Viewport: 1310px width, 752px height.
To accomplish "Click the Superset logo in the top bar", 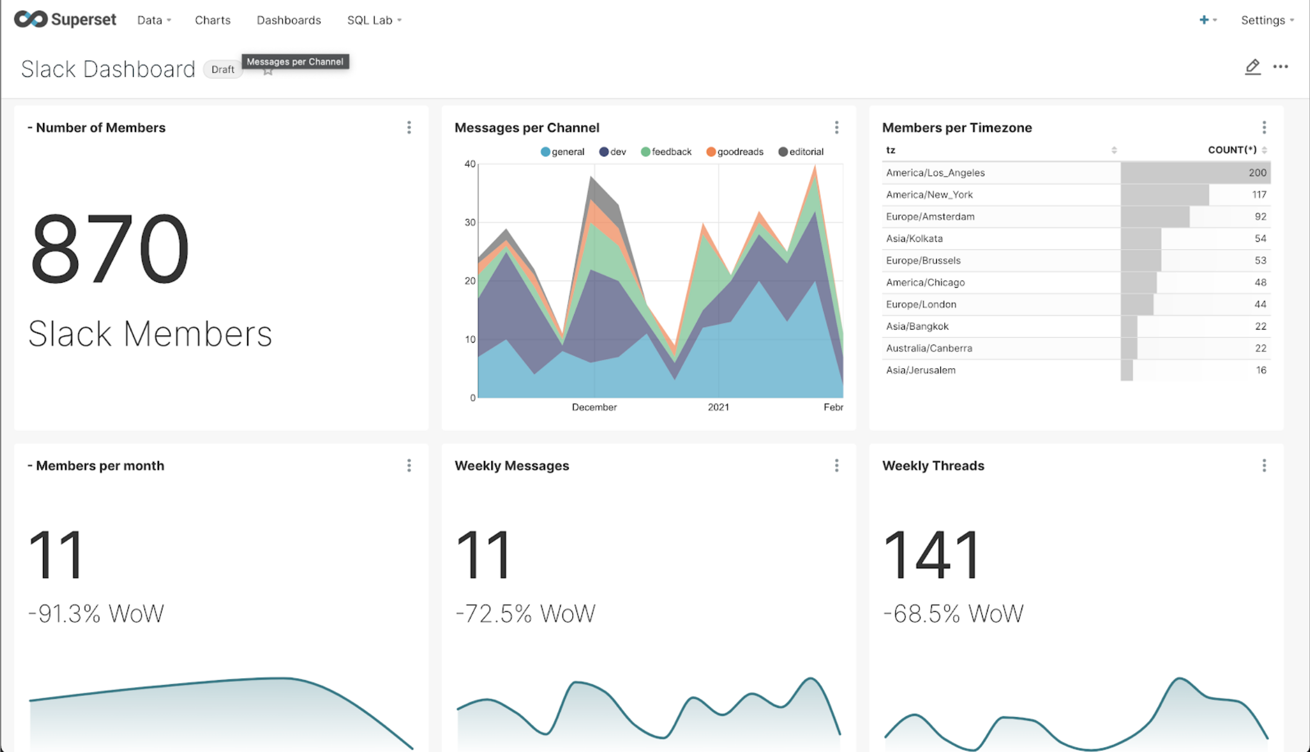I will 65,19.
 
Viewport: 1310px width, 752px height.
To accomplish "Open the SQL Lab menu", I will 374,20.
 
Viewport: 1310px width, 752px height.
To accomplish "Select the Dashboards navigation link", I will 288,20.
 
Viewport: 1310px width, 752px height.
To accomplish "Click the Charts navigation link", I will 212,20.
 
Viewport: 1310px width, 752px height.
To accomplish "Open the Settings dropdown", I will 1266,20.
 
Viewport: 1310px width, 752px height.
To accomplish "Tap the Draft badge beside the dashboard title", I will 223,70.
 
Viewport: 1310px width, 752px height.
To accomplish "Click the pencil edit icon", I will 1253,66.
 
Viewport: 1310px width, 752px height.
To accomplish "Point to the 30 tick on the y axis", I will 470,222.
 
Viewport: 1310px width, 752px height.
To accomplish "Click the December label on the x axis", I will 594,407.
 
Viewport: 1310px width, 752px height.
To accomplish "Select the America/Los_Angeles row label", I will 935,173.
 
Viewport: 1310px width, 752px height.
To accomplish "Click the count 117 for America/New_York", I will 1259,195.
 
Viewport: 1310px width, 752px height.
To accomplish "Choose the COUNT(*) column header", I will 1232,150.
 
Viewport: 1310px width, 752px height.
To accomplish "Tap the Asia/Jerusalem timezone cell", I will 921,370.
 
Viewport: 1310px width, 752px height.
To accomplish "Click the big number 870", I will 109,249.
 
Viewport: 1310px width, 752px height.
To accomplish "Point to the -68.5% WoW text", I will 953,614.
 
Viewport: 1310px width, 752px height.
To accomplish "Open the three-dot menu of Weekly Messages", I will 836,465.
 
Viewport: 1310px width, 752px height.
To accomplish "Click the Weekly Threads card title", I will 933,465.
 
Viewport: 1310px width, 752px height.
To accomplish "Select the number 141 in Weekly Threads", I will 931,554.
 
